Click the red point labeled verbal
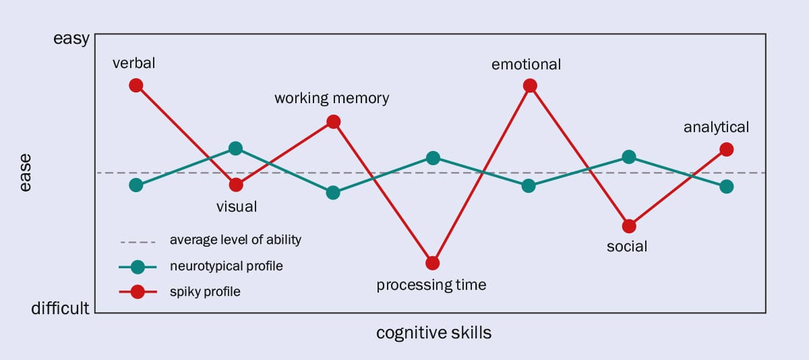(136, 85)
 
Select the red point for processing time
(433, 263)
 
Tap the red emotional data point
(530, 86)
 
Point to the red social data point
(629, 226)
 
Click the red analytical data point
(727, 149)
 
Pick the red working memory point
(333, 122)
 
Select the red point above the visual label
(235, 185)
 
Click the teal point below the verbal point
(136, 185)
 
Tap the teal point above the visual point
(235, 148)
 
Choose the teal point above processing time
(433, 158)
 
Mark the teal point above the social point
(629, 157)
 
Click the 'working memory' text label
(332, 98)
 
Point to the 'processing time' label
(431, 285)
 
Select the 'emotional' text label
(527, 65)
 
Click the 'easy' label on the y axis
(71, 39)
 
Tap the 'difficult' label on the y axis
(61, 309)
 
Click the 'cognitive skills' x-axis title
(433, 333)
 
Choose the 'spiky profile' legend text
(205, 293)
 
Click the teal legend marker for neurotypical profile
(138, 266)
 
